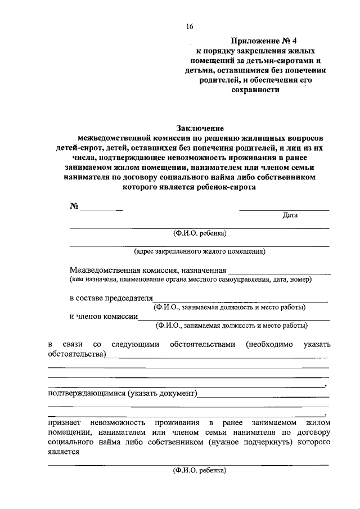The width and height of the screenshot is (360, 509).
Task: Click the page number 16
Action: tap(190, 26)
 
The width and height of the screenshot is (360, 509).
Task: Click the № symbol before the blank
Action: tap(74, 206)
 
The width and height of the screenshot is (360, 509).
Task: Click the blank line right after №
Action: tap(102, 209)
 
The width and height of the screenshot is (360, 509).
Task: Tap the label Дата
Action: tap(290, 215)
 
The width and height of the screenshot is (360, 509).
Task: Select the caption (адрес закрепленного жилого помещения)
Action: tap(200, 251)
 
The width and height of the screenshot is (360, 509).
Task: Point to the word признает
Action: tap(64, 422)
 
